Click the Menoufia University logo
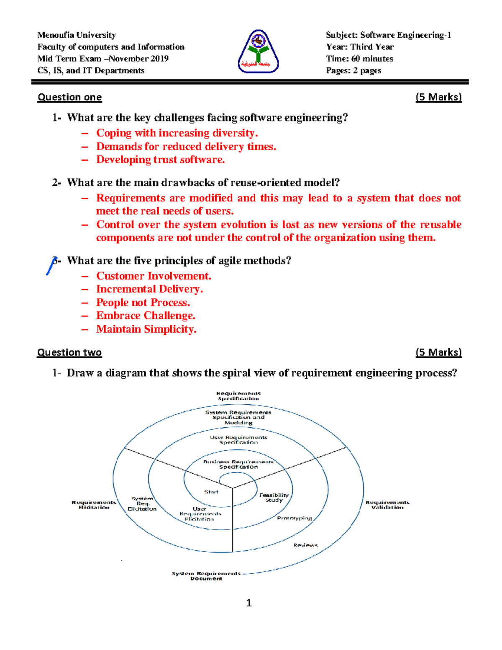258,52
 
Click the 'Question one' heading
69,98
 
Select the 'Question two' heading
69,352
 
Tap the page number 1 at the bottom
249,603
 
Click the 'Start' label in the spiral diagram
211,492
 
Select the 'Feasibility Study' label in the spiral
274,497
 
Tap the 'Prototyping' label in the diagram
295,518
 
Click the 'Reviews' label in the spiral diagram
305,545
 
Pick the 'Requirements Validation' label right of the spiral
387,505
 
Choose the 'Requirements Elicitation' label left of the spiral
94,505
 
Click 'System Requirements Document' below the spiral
206,576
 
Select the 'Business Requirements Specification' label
238,464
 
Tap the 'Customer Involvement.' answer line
154,276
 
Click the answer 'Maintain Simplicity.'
146,329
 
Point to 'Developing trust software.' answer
160,160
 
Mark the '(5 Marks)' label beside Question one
438,98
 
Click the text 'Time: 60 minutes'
359,59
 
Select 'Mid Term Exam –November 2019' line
103,59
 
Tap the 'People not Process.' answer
143,303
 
